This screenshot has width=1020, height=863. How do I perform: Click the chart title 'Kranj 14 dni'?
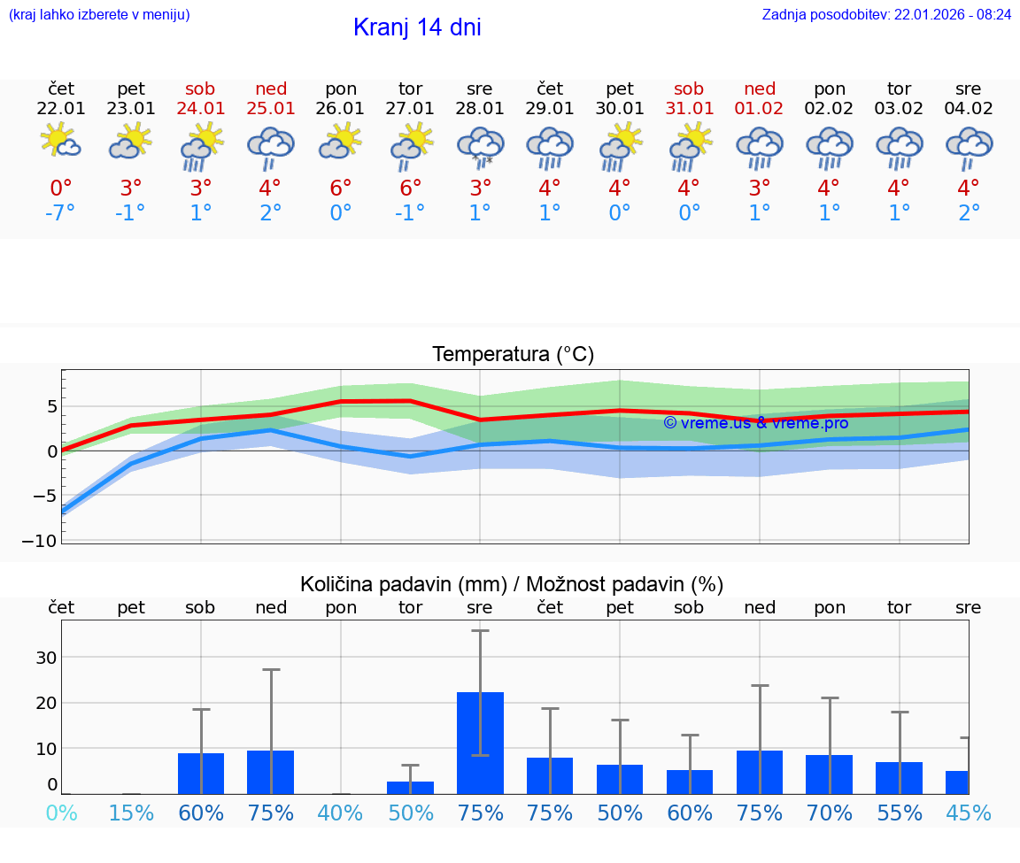[x=417, y=27]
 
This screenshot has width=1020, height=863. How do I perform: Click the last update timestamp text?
[x=886, y=15]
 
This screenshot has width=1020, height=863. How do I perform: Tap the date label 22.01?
[x=61, y=109]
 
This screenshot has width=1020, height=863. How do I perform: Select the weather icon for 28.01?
[x=480, y=147]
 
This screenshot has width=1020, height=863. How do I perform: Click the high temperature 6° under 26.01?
[x=341, y=189]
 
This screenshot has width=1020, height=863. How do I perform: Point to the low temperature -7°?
[x=61, y=213]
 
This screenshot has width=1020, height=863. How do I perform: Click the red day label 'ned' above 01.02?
[x=760, y=89]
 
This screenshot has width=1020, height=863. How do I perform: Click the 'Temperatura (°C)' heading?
[x=513, y=355]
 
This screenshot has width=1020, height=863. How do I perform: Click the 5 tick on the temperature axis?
[x=52, y=406]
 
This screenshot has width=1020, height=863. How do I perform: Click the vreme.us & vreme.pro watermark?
[x=756, y=423]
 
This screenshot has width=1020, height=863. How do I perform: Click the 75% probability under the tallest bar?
[x=480, y=813]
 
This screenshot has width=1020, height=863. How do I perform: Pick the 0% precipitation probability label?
[x=61, y=813]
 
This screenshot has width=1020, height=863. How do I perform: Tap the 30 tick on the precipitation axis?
[x=46, y=657]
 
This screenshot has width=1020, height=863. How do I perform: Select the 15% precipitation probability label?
[x=131, y=813]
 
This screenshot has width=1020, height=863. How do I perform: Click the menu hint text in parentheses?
[x=99, y=15]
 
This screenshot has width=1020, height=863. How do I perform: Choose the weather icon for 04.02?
[x=969, y=147]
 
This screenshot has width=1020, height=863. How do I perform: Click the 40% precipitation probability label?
[x=341, y=813]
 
